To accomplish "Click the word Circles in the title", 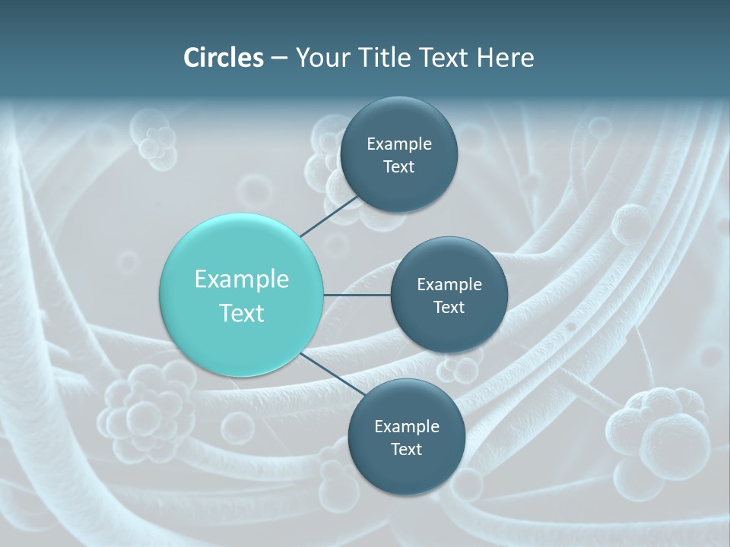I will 223,58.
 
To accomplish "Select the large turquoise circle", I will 242,295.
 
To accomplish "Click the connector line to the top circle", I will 331,217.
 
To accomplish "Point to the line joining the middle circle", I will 357,295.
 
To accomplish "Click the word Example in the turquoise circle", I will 242,280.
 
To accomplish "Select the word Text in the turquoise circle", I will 242,313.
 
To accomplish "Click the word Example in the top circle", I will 399,144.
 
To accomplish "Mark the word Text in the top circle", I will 398,167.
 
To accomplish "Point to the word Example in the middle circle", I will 449,284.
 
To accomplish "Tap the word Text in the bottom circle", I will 406,449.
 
